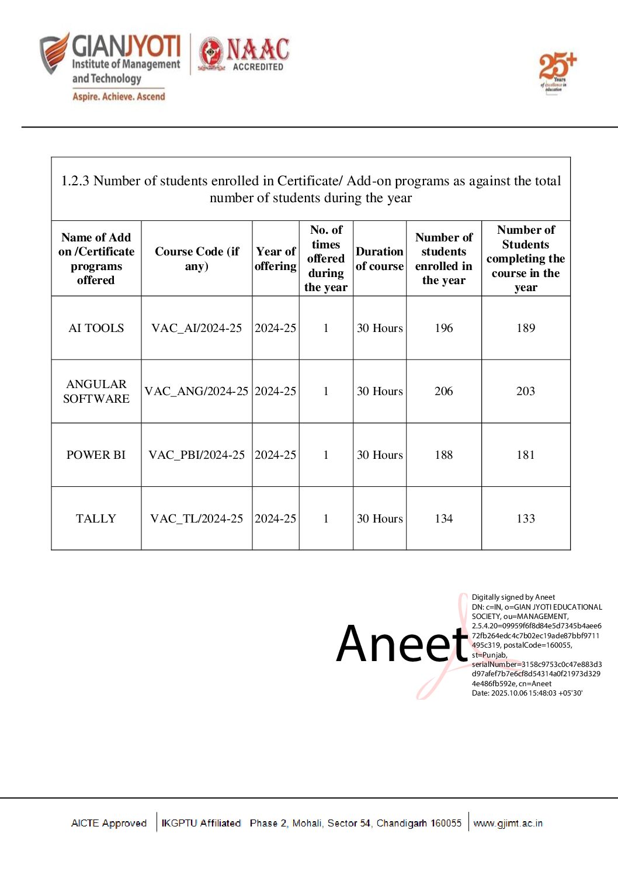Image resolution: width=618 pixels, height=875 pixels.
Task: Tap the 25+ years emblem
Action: click(557, 72)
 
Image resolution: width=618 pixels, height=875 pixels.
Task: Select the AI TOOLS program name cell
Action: click(96, 328)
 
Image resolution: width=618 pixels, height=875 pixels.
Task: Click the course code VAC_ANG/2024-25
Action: click(196, 391)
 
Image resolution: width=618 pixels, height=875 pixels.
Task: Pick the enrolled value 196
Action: click(443, 328)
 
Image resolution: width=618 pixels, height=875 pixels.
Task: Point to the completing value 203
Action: click(525, 391)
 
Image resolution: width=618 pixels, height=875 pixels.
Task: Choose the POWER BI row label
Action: click(96, 455)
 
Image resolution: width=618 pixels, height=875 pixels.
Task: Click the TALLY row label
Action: click(96, 518)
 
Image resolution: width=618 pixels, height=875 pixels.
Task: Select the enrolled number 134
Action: click(443, 518)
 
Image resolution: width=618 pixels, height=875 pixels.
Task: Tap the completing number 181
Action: click(525, 455)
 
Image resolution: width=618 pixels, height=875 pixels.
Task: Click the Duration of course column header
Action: click(380, 258)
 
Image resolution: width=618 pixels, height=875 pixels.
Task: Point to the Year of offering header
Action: click(276, 258)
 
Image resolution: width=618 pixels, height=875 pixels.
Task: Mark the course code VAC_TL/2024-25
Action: click(196, 518)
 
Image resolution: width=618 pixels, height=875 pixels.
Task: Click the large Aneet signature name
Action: click(402, 644)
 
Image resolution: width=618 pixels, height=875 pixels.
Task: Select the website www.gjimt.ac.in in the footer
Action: click(508, 823)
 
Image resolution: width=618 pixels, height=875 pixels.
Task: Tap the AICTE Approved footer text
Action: click(109, 823)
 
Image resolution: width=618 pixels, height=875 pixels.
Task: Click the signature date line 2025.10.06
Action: click(527, 693)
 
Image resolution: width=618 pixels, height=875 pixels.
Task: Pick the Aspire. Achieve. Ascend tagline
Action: click(119, 96)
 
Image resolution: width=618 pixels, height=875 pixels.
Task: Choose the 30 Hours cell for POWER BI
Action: click(380, 455)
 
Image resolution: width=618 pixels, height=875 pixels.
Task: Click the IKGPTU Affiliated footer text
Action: click(201, 823)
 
